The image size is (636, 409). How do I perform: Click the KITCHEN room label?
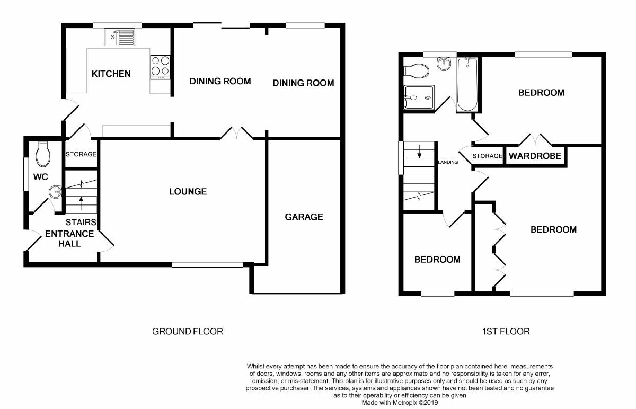pos(111,74)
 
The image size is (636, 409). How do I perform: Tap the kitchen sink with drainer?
pos(120,38)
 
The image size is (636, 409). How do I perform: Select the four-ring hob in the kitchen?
pos(161,66)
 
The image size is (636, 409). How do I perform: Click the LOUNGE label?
pos(188,191)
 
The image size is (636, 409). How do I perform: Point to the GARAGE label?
pos(304,217)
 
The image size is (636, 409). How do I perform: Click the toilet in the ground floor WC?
pos(43,154)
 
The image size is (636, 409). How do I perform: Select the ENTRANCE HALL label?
pos(69,238)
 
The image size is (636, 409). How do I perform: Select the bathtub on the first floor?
pos(467,85)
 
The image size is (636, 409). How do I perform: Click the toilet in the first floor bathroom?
pos(417,70)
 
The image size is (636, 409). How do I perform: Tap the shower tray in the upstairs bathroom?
pos(418,97)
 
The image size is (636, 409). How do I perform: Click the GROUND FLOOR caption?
pos(188,332)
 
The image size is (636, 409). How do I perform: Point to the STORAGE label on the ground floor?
pos(81,155)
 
